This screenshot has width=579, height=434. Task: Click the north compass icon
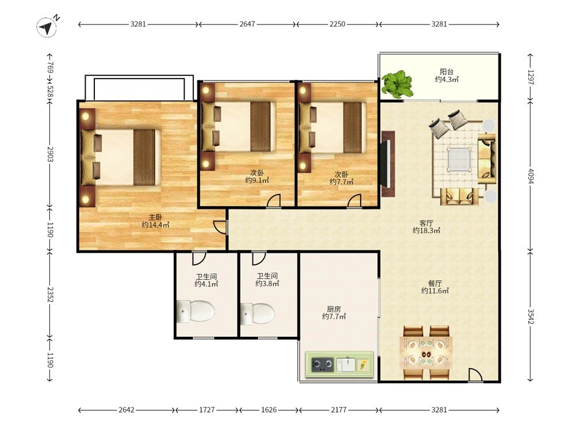[47, 28]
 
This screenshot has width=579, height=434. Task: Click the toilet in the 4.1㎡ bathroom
[195, 311]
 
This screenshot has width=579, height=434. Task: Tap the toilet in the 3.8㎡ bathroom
[258, 314]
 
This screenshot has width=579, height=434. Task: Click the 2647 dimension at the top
[247, 24]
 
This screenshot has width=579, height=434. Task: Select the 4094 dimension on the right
[530, 176]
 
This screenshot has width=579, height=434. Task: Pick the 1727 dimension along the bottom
[207, 410]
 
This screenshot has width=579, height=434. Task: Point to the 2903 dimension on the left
[50, 154]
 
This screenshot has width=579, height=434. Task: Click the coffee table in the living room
[459, 159]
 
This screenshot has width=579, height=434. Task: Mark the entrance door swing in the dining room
[475, 374]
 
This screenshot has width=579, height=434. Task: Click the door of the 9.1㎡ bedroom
[274, 200]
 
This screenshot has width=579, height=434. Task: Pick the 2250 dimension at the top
[337, 24]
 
